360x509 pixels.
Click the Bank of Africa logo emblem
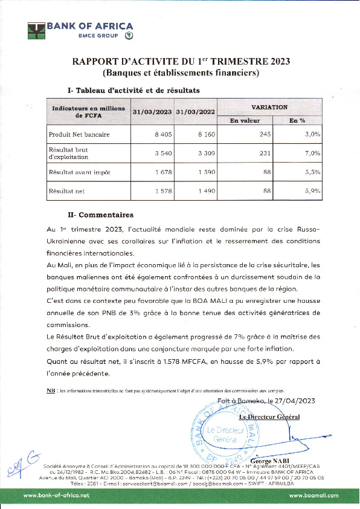(37, 31)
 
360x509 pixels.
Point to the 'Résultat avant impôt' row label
(79, 172)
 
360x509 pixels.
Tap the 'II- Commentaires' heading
(100, 215)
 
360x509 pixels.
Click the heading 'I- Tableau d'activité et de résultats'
(133, 90)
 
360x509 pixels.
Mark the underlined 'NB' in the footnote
(51, 391)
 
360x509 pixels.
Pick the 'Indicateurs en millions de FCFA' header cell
(88, 111)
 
